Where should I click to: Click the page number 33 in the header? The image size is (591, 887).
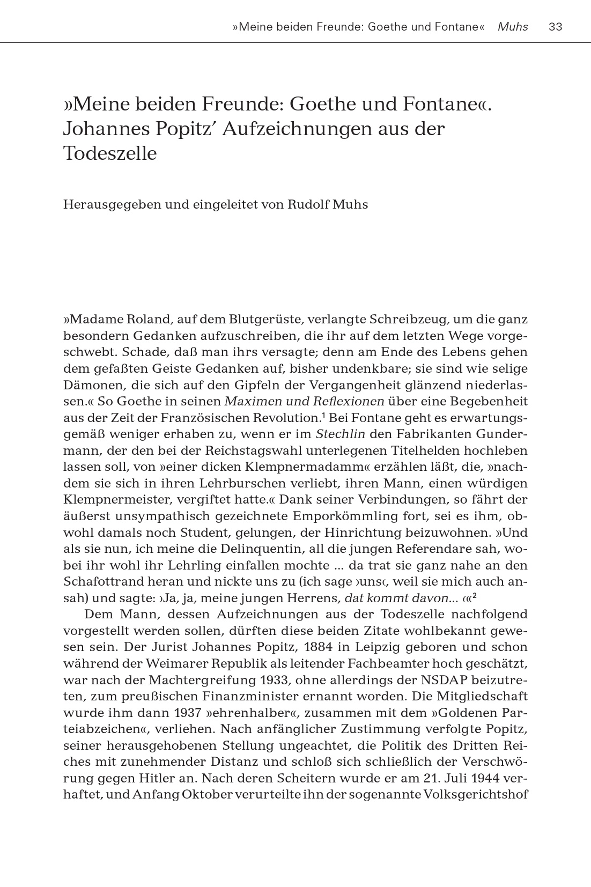click(556, 27)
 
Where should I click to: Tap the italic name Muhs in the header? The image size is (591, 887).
click(513, 27)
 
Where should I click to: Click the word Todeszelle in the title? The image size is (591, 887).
click(110, 154)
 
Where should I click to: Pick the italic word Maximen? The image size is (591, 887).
click(248, 401)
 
